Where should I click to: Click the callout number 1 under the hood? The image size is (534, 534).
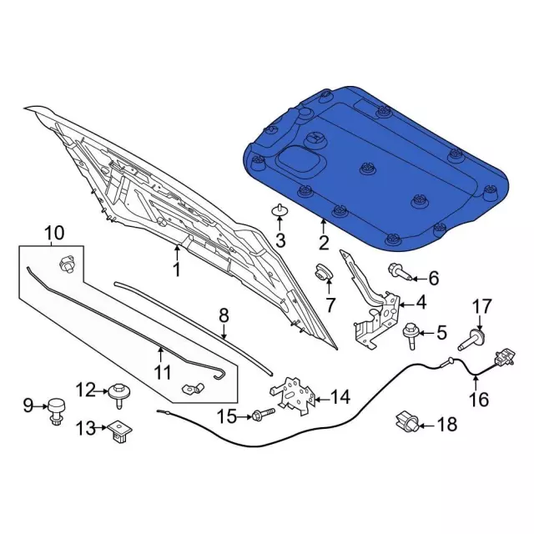click(176, 270)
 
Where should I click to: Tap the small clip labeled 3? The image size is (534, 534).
click(280, 209)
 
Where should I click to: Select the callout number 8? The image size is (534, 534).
click(224, 315)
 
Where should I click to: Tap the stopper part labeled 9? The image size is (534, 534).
click(56, 407)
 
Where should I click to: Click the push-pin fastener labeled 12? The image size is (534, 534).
click(120, 392)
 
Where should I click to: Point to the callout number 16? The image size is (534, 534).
click(478, 400)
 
